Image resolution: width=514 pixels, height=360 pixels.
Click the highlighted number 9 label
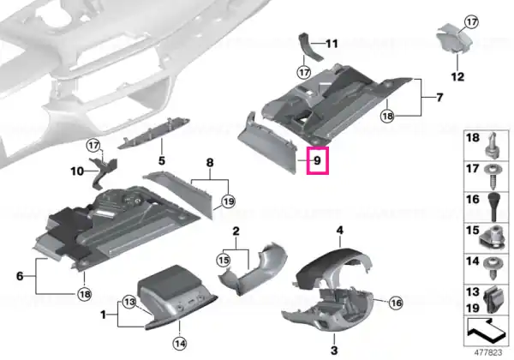317,160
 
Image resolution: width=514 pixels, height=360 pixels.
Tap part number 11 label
332,44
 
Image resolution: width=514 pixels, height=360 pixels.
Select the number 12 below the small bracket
457,77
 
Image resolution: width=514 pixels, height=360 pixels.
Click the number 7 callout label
439,98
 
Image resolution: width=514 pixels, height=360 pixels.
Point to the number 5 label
162,161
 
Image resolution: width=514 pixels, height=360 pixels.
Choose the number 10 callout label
77,171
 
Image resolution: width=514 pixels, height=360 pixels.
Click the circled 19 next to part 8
228,201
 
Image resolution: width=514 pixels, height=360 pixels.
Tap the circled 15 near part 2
224,261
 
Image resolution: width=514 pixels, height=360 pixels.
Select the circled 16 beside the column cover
396,303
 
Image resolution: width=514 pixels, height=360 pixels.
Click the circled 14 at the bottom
180,344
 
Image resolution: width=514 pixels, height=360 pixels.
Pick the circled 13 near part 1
129,302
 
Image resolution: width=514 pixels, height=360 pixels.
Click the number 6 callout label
20,276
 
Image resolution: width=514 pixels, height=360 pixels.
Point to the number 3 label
334,351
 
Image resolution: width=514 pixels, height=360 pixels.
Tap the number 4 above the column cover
340,231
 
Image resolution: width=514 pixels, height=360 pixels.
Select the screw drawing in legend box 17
493,177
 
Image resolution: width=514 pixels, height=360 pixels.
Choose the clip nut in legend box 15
492,238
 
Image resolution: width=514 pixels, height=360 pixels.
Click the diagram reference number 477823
488,353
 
